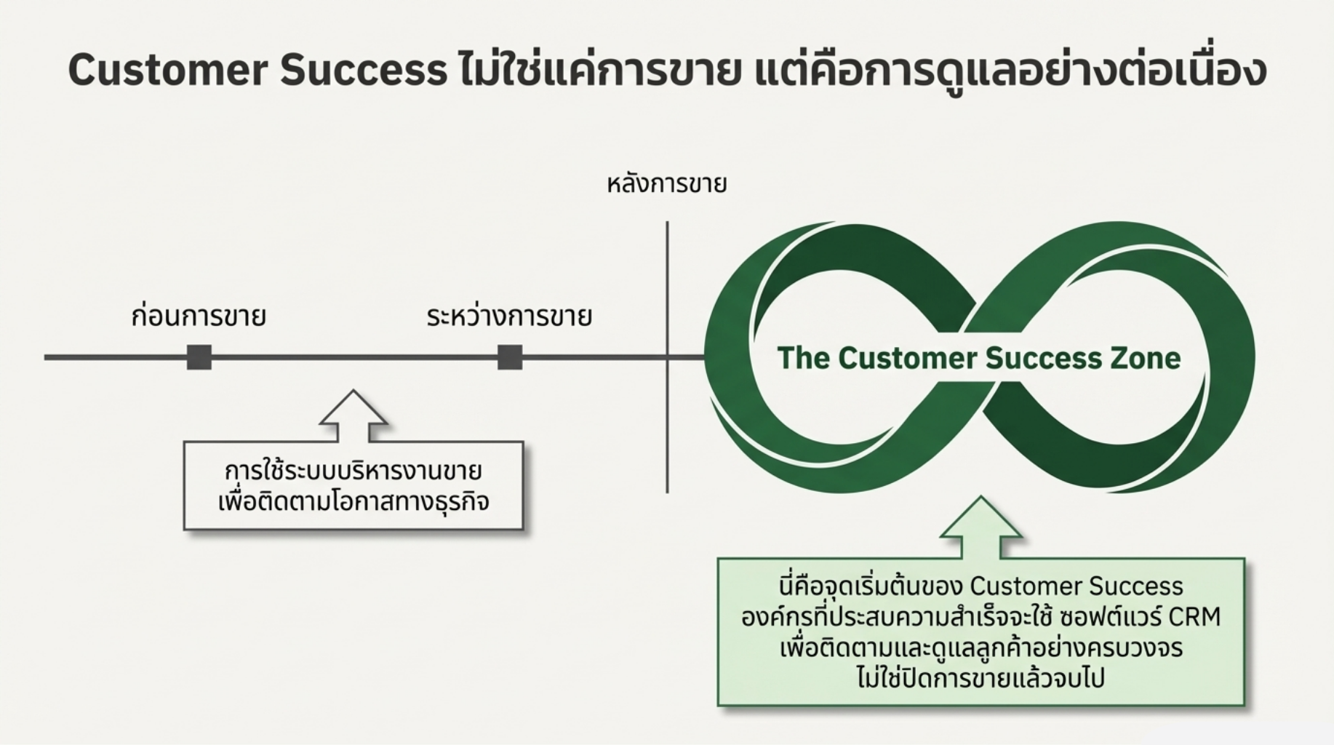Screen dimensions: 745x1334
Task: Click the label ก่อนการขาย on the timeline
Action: click(x=199, y=317)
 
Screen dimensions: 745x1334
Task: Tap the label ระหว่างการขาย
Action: click(x=509, y=317)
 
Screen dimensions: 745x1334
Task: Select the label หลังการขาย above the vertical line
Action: click(x=666, y=184)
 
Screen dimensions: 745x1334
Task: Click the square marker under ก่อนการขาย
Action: click(x=199, y=357)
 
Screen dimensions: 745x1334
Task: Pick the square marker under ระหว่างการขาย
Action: click(x=510, y=357)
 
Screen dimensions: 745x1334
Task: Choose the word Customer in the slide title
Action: click(x=167, y=71)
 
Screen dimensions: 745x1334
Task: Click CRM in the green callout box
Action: click(x=1194, y=617)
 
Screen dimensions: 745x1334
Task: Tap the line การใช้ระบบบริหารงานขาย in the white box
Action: click(x=354, y=471)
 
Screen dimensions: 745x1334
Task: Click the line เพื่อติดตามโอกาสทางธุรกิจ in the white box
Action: click(x=354, y=502)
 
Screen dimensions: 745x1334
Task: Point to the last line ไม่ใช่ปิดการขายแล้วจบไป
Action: click(x=980, y=678)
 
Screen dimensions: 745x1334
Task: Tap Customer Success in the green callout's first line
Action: click(x=1077, y=586)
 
